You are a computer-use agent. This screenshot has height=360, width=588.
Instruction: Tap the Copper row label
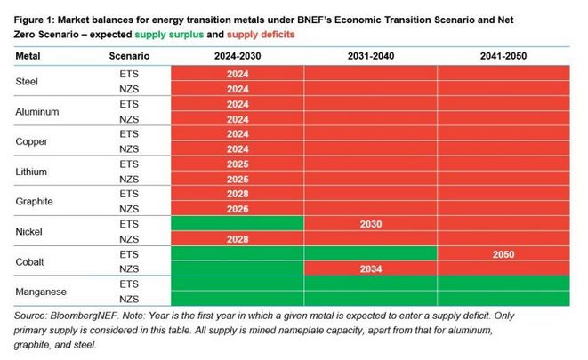(x=34, y=142)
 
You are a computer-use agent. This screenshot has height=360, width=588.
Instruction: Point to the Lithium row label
(x=34, y=171)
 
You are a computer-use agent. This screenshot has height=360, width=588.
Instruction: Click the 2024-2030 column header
(x=237, y=56)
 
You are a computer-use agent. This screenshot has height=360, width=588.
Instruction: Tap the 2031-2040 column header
(x=371, y=56)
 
